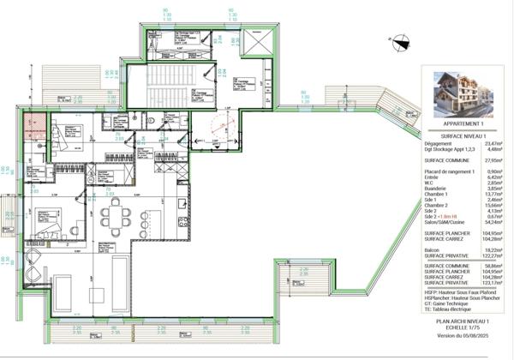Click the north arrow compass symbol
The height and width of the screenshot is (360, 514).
pos(403,38)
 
